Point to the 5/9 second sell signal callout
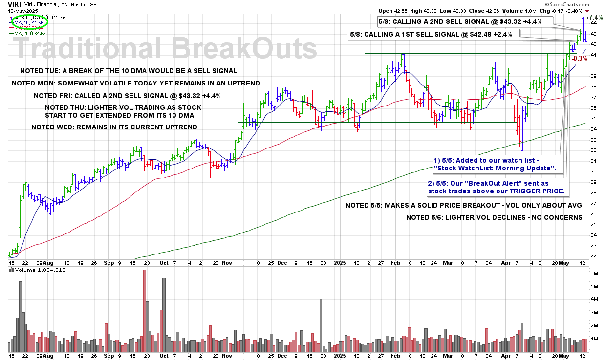460,22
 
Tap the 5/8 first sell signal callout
434,34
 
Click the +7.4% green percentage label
594,17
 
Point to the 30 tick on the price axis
593,172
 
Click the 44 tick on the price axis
593,23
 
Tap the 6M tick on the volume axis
594,273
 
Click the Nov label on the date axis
227,262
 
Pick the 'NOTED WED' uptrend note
114,127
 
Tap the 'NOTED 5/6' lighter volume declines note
494,217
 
